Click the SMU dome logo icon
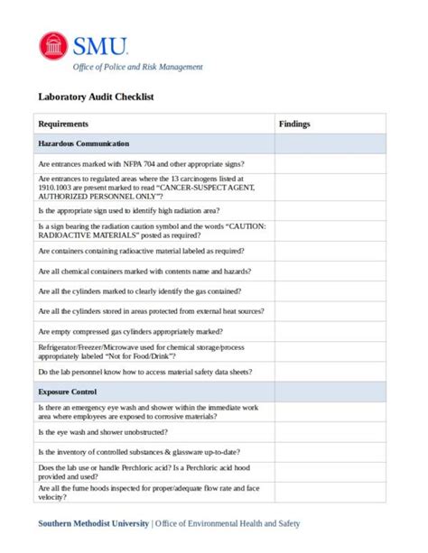point(53,45)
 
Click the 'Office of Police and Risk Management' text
point(137,67)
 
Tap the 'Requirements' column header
point(63,124)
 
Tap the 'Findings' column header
point(294,124)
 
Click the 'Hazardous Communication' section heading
point(84,144)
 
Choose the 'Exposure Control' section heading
point(70,392)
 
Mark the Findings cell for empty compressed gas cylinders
point(330,331)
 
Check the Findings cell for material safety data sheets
point(330,372)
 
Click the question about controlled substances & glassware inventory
point(139,452)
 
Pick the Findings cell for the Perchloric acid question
point(330,472)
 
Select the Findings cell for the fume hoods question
point(330,493)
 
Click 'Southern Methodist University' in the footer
point(93,524)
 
